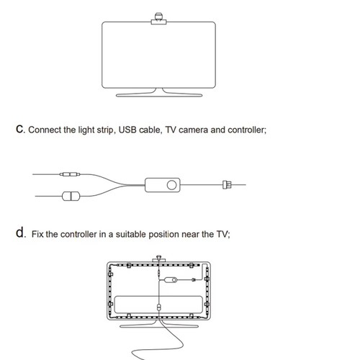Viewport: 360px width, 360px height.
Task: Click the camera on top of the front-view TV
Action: click(158, 19)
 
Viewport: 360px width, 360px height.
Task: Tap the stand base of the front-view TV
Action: click(159, 95)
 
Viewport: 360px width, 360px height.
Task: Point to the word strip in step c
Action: click(105, 130)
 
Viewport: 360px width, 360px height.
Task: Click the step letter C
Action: click(20, 130)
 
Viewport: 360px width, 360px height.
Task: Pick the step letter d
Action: click(20, 233)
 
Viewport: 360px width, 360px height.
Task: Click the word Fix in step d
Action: click(37, 234)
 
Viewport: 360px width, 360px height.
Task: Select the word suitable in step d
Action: click(131, 234)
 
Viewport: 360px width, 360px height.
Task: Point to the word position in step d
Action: click(163, 235)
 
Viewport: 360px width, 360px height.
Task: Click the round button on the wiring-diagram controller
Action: click(171, 185)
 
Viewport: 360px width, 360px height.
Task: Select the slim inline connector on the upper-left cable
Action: click(70, 174)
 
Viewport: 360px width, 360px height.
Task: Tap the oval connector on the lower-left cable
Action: click(71, 196)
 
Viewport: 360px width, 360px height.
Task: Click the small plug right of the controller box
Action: click(227, 185)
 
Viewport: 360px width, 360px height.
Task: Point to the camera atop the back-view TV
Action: click(158, 259)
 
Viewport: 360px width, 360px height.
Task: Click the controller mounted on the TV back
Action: click(171, 280)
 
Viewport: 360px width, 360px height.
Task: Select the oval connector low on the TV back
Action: click(158, 307)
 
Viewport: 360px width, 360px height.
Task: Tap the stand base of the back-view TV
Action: click(159, 326)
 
